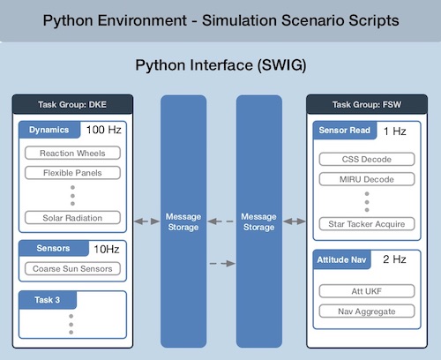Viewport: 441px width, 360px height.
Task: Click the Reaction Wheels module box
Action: click(72, 153)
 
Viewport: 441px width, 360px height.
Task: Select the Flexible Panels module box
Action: click(72, 173)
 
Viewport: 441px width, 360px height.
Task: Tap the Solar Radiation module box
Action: click(72, 218)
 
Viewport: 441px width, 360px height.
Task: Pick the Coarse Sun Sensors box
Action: click(72, 268)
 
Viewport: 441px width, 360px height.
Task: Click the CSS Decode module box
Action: click(367, 159)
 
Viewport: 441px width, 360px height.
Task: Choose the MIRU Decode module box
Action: click(367, 179)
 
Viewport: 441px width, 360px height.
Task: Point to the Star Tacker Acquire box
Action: click(367, 224)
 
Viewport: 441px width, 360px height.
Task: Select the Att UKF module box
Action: click(367, 291)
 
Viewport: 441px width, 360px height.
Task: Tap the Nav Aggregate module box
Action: click(367, 311)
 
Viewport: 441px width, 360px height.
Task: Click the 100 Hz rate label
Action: click(103, 130)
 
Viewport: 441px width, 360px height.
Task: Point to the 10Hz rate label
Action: click(107, 250)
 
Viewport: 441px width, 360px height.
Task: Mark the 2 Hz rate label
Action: click(394, 259)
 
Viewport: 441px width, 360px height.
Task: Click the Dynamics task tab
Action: click(49, 130)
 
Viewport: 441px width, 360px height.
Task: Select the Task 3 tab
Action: click(48, 300)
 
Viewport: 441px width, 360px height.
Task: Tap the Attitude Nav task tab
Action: click(341, 259)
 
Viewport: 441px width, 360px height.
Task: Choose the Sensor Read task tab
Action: click(345, 131)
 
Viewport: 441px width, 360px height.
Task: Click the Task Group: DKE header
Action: click(72, 104)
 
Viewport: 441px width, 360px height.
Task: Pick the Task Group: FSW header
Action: click(367, 104)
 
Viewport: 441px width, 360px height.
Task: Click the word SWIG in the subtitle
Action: click(282, 65)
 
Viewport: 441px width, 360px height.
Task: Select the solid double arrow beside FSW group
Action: click(295, 221)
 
